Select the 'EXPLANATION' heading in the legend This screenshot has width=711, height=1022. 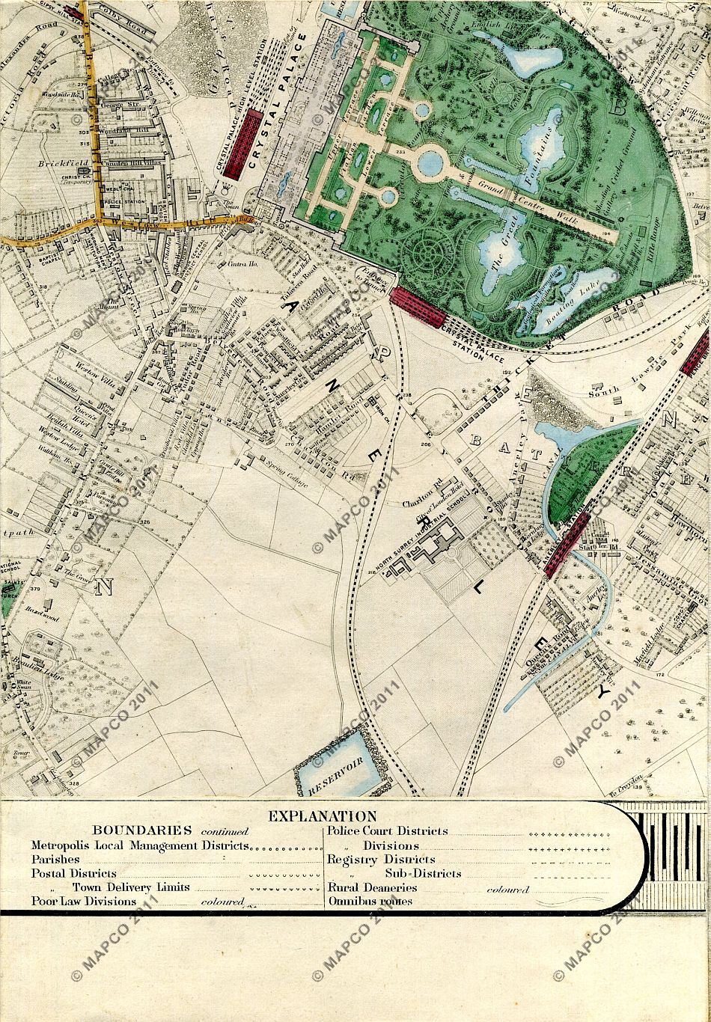click(323, 816)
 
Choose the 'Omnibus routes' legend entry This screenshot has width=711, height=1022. click(370, 901)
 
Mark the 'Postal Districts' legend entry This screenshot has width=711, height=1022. click(74, 873)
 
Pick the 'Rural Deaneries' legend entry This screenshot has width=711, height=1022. click(372, 887)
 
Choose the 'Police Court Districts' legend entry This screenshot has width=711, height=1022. click(388, 830)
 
